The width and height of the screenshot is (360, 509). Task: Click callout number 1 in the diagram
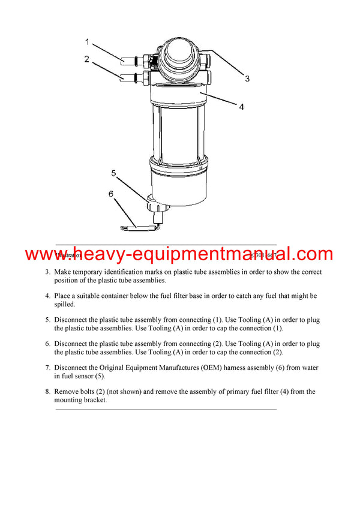point(87,42)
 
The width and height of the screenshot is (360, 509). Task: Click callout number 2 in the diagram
point(87,59)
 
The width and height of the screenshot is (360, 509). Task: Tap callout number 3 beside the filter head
point(247,78)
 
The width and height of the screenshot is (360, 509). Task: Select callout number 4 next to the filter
point(241,107)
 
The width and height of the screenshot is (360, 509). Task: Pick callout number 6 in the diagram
point(112,194)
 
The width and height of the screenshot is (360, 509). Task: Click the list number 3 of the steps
point(47,272)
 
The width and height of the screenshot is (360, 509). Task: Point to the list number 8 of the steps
point(47,391)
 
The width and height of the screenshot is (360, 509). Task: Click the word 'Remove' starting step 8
point(67,391)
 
